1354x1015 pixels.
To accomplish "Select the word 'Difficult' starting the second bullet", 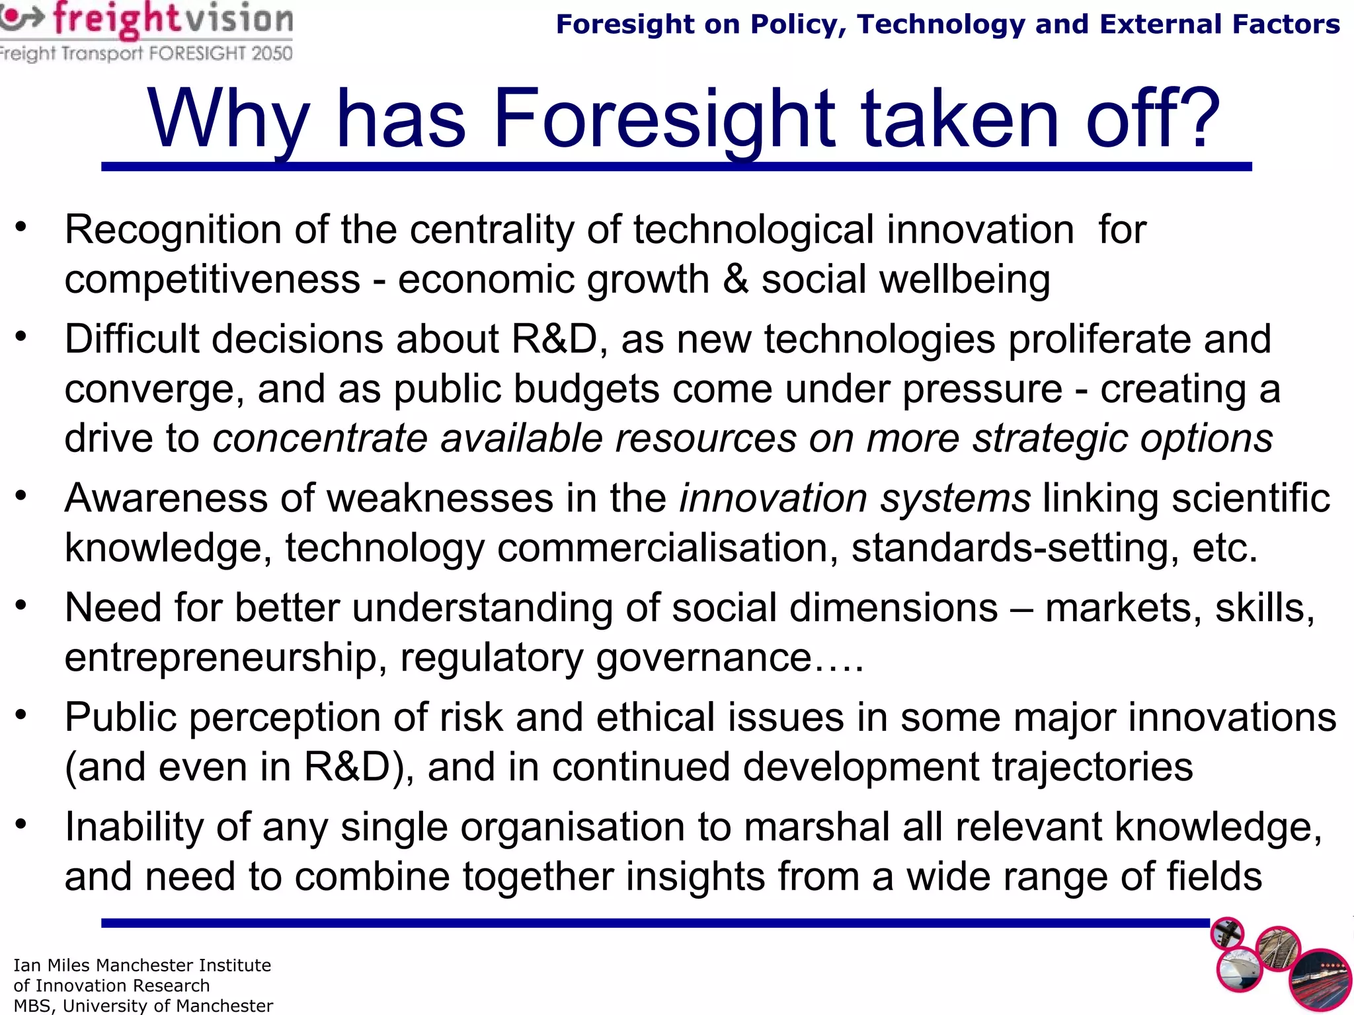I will [132, 339].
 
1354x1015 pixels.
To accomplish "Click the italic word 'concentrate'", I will [320, 439].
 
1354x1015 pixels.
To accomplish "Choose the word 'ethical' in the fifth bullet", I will [655, 717].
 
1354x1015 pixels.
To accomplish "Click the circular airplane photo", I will [1227, 934].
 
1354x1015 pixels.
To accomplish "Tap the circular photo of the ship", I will [1240, 970].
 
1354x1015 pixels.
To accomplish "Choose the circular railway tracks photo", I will [1278, 949].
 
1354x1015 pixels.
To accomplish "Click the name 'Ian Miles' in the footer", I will [52, 965].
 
